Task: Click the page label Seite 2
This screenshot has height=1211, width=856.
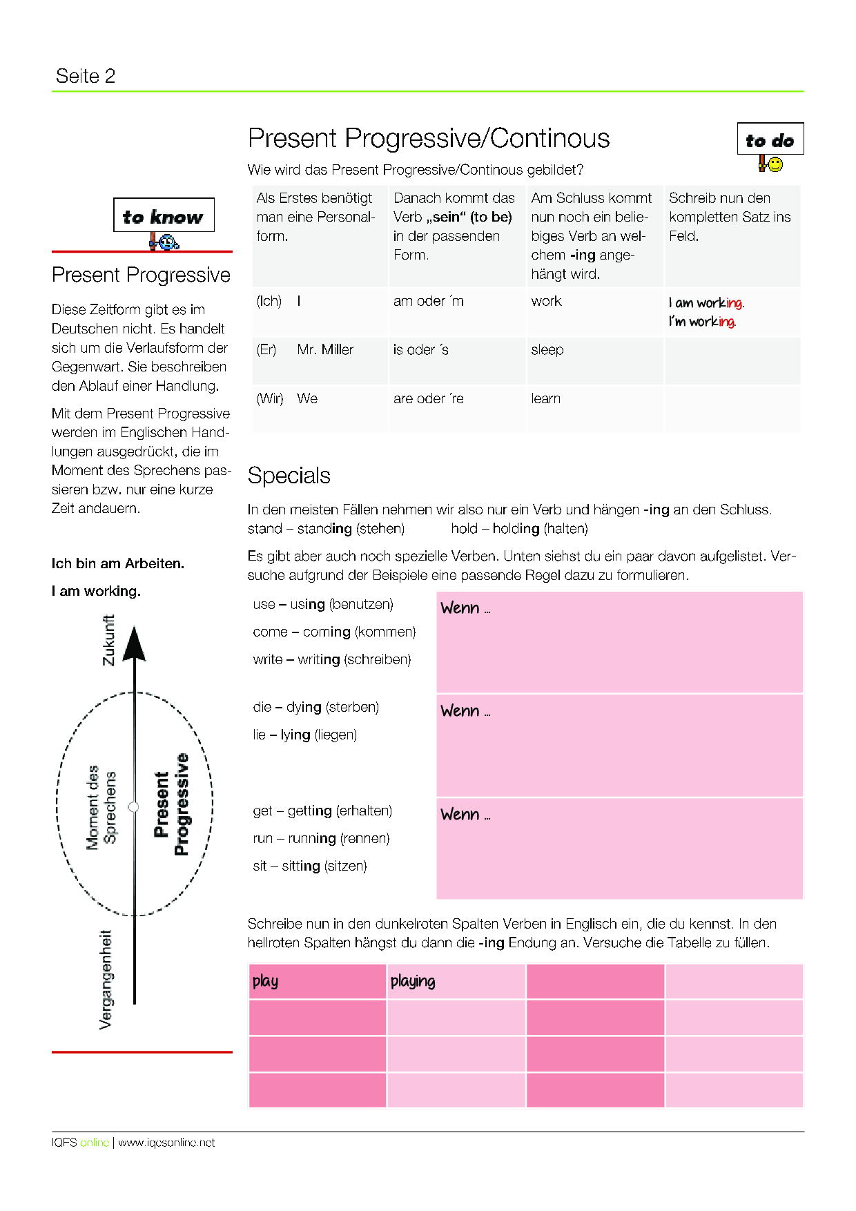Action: click(x=86, y=76)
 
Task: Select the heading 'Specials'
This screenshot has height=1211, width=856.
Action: click(x=289, y=476)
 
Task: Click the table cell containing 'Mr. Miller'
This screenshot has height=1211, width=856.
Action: click(x=325, y=350)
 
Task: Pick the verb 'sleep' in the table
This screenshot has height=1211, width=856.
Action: click(x=547, y=350)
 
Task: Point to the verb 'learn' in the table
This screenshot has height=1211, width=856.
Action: click(x=546, y=399)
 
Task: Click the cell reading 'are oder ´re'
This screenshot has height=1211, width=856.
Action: click(x=429, y=399)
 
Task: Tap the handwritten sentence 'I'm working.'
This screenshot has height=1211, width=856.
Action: click(x=702, y=322)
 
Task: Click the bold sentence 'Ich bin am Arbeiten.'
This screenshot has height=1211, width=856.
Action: click(x=118, y=563)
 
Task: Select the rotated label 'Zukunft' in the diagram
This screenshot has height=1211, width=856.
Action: click(x=108, y=640)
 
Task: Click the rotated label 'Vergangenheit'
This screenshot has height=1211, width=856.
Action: click(x=106, y=980)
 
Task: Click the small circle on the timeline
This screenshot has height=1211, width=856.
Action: click(x=134, y=806)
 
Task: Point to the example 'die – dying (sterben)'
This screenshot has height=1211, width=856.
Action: click(x=316, y=708)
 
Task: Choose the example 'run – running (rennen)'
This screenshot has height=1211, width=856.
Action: click(x=322, y=839)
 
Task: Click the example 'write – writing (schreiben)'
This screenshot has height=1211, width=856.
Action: click(x=332, y=660)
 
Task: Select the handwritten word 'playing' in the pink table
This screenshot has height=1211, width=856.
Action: click(x=413, y=981)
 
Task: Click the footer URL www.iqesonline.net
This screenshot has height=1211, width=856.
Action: click(x=166, y=1143)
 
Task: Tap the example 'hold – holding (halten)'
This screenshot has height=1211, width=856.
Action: click(x=520, y=529)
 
